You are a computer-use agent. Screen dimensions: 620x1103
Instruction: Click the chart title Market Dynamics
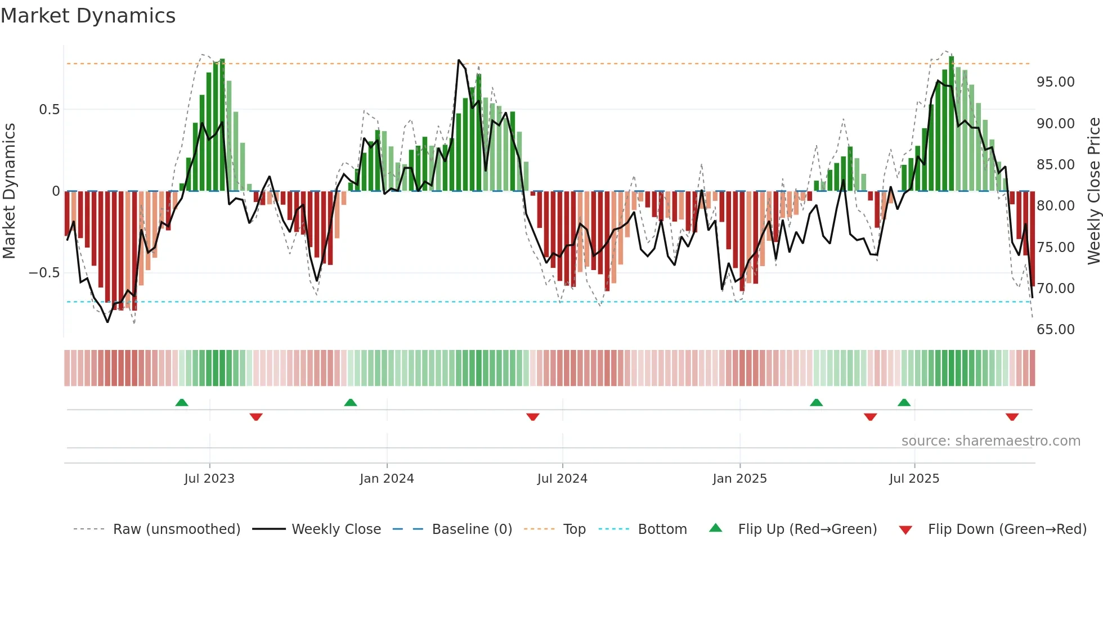point(88,16)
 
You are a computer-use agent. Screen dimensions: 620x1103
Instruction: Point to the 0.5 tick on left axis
point(49,110)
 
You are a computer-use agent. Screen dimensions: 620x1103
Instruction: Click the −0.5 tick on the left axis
point(44,273)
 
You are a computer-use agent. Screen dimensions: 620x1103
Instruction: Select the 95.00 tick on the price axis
point(1055,82)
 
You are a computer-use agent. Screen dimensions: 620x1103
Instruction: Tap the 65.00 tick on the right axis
point(1055,330)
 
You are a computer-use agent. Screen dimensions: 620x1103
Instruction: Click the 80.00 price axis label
point(1055,206)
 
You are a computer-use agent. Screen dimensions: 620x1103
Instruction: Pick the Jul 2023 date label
point(209,479)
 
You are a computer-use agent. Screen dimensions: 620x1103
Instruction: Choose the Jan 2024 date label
point(387,479)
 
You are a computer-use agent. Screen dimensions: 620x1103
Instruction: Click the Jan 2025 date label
point(739,479)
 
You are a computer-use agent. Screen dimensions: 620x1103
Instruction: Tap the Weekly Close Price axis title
point(1093,191)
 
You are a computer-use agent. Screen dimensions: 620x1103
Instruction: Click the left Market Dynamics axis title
point(9,191)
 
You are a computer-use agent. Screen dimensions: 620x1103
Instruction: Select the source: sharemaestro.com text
point(990,441)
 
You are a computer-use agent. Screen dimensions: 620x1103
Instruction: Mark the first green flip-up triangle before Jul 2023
point(181,402)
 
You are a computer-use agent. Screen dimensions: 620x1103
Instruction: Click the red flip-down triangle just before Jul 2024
point(533,417)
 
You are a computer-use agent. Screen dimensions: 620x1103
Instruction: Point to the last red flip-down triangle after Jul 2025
point(1012,417)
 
